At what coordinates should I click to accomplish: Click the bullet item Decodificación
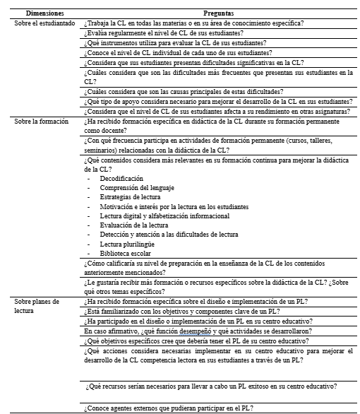pos(121,179)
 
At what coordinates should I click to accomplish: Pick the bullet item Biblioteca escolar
pos(124,252)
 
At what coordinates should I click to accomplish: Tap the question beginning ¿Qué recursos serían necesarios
pos(209,386)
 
